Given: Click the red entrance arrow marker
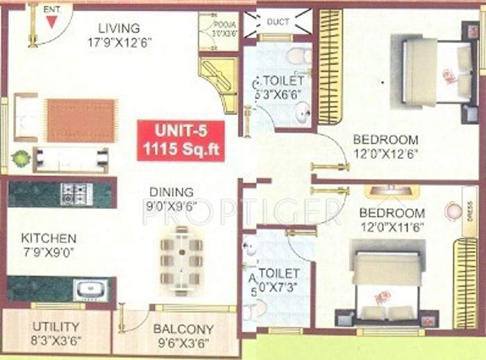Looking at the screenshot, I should pyautogui.click(x=51, y=22).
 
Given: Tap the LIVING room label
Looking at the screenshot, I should pyautogui.click(x=119, y=28).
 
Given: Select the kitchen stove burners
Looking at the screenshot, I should pyautogui.click(x=76, y=194).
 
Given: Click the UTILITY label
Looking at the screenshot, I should pyautogui.click(x=56, y=326).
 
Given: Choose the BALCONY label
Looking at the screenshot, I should pyautogui.click(x=183, y=329).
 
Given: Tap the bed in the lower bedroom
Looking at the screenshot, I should pyautogui.click(x=387, y=281).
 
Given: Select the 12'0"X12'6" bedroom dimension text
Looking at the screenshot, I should pyautogui.click(x=385, y=155).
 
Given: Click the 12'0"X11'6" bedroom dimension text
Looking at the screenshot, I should pyautogui.click(x=392, y=226).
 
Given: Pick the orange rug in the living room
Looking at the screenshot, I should pyautogui.click(x=81, y=119).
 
